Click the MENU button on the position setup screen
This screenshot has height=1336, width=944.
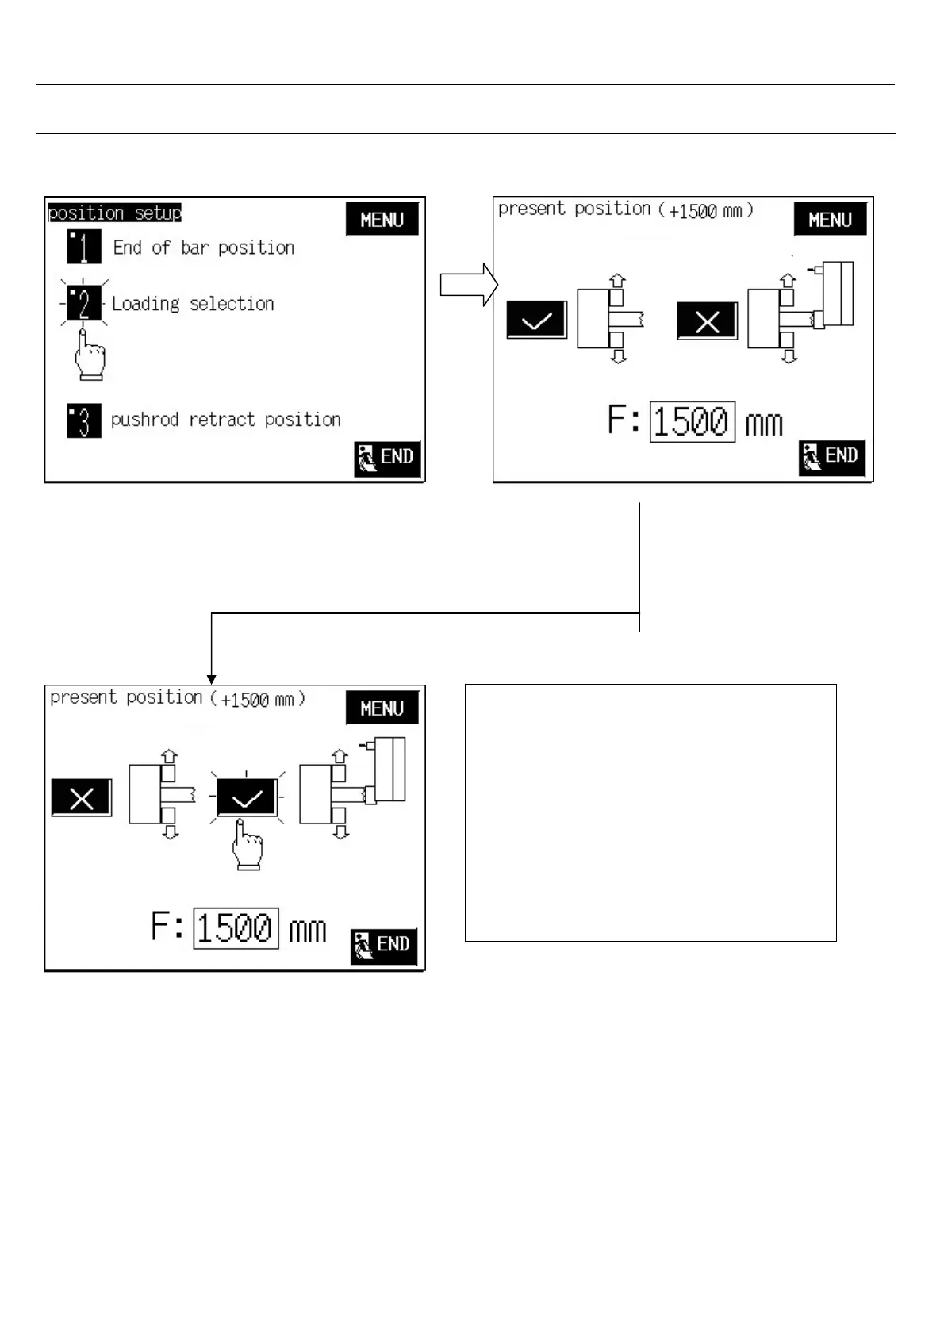tap(382, 220)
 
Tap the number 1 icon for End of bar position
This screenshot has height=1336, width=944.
tap(84, 247)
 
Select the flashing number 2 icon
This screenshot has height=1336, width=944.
tap(84, 303)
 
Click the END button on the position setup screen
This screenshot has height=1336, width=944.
tap(387, 458)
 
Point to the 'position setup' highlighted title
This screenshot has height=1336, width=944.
tap(114, 213)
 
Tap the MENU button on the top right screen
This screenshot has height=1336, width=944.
tap(830, 220)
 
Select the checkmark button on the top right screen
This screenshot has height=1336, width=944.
tap(537, 321)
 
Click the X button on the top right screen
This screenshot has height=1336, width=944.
tap(707, 321)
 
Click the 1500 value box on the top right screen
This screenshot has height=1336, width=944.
tap(692, 421)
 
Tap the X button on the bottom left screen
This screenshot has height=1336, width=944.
tap(82, 798)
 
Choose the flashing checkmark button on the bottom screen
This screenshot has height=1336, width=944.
tap(247, 797)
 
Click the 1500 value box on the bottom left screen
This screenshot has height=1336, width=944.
tap(236, 927)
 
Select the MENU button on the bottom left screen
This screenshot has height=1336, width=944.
tap(382, 708)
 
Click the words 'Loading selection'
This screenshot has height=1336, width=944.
tap(193, 304)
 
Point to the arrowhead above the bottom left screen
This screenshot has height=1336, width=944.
tap(211, 678)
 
